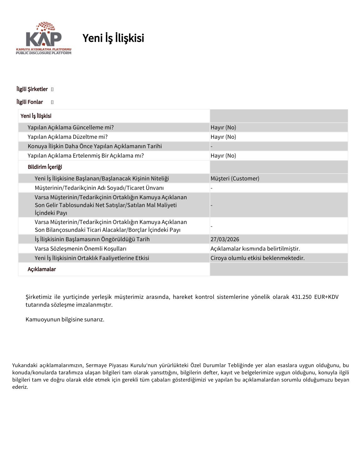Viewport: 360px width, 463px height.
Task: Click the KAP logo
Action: [44, 38]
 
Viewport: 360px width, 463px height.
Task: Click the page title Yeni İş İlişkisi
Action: [113, 38]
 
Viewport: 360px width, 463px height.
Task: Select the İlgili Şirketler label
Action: [32, 89]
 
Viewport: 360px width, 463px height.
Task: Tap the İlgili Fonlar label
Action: [30, 102]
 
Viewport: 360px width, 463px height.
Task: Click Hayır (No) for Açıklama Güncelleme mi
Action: [223, 127]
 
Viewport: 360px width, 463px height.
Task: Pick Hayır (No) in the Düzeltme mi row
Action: [223, 137]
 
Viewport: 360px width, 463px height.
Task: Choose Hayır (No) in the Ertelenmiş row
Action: [223, 156]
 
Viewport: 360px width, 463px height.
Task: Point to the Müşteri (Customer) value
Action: [235, 179]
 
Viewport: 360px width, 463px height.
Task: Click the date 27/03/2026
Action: [225, 239]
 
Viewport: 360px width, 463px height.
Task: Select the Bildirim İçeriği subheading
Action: [45, 167]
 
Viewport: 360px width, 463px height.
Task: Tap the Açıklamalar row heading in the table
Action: [42, 269]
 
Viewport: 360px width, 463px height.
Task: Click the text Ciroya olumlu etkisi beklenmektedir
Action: [257, 258]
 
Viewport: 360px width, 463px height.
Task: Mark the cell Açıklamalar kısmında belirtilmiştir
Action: [255, 249]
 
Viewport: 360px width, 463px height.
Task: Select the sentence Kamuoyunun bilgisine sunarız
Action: [65, 320]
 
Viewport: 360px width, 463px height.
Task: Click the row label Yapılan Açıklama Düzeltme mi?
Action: [67, 137]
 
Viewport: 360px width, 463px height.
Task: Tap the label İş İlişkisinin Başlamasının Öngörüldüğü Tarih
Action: [92, 239]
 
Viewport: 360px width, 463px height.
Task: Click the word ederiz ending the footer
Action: [20, 387]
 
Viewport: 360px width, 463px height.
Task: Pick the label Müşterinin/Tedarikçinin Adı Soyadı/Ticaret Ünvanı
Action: [99, 188]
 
